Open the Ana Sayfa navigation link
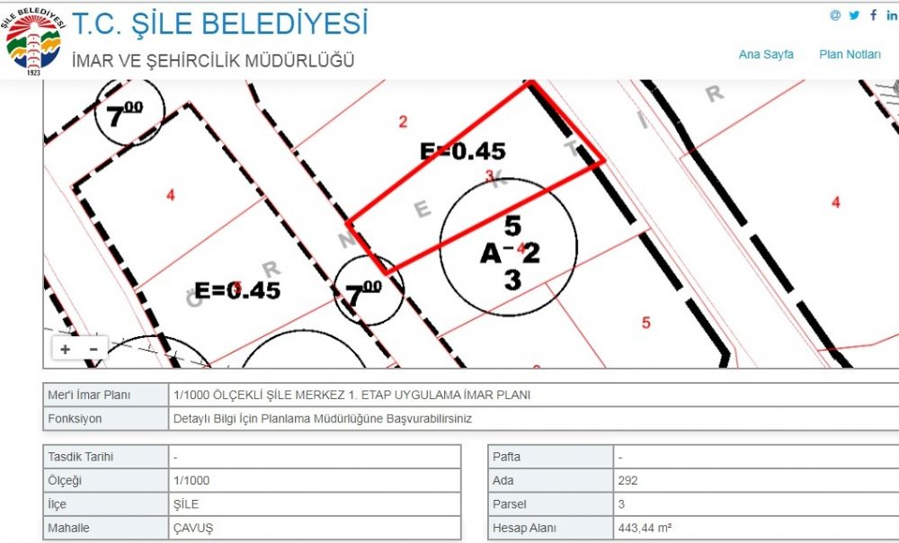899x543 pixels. [x=766, y=55]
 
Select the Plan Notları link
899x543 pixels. [x=850, y=55]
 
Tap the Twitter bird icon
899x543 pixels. [x=854, y=15]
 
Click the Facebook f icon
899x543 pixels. [x=873, y=15]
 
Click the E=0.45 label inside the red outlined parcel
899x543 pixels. [x=463, y=151]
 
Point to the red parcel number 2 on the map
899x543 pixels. [x=403, y=121]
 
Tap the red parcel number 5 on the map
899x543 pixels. [x=646, y=323]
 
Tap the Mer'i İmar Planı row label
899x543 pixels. [x=89, y=395]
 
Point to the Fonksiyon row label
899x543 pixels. [x=75, y=419]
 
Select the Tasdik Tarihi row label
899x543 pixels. [x=81, y=457]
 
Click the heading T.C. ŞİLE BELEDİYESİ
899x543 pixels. [x=219, y=23]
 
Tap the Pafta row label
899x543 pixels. [x=506, y=457]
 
